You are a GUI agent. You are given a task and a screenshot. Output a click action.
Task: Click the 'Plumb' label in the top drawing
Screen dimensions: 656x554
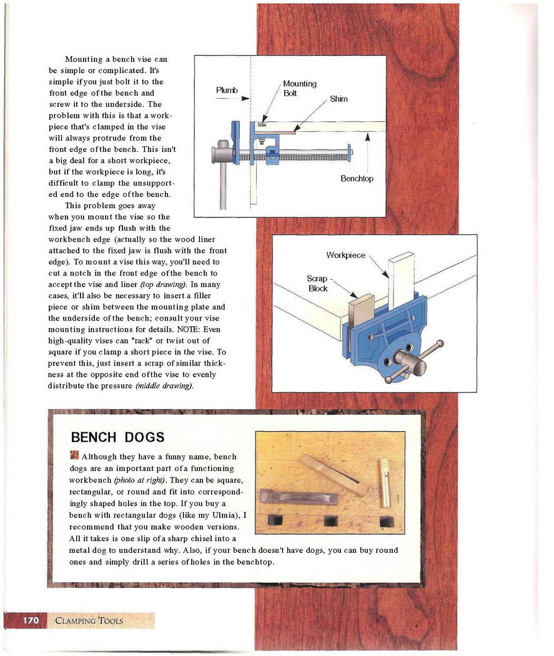click(x=227, y=90)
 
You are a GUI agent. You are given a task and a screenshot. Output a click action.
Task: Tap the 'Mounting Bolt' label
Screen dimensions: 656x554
click(x=299, y=88)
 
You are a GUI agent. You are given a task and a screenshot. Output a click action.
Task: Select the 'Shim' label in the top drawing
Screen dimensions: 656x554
click(x=339, y=99)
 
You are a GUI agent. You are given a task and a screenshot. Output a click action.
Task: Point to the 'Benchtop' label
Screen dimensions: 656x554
click(x=357, y=179)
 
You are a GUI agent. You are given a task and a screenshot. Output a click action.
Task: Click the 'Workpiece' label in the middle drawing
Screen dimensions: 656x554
click(x=345, y=255)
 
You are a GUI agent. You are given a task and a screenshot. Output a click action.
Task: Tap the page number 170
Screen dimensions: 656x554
click(x=31, y=620)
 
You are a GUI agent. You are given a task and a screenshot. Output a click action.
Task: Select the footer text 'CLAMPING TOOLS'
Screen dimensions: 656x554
click(x=89, y=621)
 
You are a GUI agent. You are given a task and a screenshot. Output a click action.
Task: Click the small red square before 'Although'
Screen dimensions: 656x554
click(x=74, y=455)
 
